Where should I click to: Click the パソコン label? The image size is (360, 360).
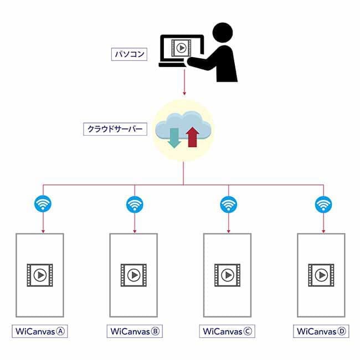(x=129, y=55)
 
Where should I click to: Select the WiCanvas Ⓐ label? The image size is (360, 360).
(x=40, y=331)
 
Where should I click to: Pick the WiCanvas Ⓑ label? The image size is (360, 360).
(x=134, y=331)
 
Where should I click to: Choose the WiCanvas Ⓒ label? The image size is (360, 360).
(x=227, y=331)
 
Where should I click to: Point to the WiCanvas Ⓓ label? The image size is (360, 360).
(x=321, y=331)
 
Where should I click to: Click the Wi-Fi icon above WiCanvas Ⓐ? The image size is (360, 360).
(x=42, y=204)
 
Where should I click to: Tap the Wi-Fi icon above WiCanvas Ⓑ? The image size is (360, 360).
(x=135, y=204)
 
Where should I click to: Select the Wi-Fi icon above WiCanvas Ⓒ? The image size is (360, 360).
(x=228, y=204)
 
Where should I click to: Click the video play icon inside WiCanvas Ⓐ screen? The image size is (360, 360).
(x=40, y=274)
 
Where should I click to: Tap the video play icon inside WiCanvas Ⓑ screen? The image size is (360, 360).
(x=133, y=274)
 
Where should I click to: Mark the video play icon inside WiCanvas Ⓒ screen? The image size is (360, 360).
(x=227, y=274)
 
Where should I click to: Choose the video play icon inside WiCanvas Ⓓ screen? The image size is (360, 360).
(x=321, y=274)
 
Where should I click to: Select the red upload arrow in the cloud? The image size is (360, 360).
(x=192, y=137)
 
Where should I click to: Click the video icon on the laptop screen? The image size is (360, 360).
(x=181, y=48)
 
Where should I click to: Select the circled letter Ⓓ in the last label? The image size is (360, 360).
(x=342, y=331)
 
